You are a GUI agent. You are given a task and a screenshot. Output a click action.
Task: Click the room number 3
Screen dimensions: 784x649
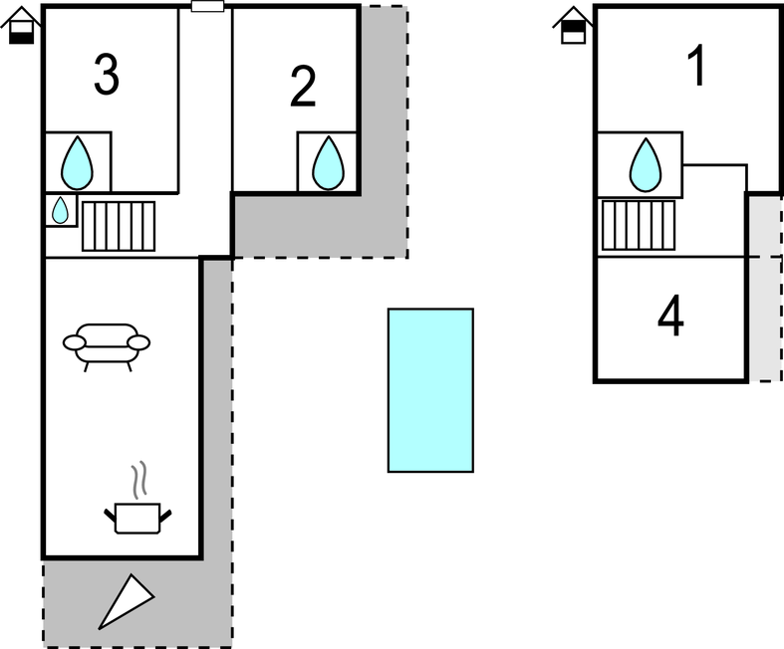(x=107, y=75)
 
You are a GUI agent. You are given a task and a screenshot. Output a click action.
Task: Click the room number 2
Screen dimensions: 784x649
(x=303, y=87)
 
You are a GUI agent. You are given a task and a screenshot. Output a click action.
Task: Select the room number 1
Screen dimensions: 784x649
(x=697, y=66)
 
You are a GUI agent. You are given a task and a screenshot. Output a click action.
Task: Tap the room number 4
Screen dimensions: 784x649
(x=670, y=317)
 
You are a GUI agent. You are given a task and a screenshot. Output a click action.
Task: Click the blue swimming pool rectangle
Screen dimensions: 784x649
(x=430, y=390)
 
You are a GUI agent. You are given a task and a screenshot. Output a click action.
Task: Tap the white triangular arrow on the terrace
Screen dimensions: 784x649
(x=126, y=601)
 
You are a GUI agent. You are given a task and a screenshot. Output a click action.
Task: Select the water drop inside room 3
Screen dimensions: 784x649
(x=77, y=163)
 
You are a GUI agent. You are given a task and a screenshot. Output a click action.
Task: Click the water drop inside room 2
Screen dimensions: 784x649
(x=328, y=163)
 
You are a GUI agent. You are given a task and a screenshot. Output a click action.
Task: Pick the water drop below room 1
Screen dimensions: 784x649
(x=646, y=165)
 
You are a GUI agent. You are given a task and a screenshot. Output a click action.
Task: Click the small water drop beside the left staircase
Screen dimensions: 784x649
(x=60, y=210)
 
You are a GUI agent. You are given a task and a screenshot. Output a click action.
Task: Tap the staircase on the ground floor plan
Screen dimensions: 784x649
(x=119, y=226)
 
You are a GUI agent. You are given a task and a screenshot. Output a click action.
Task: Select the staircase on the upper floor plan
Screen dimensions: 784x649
(x=639, y=225)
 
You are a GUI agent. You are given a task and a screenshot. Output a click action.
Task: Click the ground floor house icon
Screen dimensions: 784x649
(x=21, y=25)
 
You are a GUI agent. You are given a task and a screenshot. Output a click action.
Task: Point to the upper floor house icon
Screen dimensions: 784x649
(x=573, y=25)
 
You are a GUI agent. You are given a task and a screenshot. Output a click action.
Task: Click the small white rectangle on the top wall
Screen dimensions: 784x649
(x=207, y=6)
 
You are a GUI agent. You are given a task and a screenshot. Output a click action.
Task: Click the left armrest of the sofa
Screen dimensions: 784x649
(x=75, y=342)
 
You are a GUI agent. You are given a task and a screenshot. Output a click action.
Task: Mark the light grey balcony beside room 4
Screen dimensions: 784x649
(x=765, y=288)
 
